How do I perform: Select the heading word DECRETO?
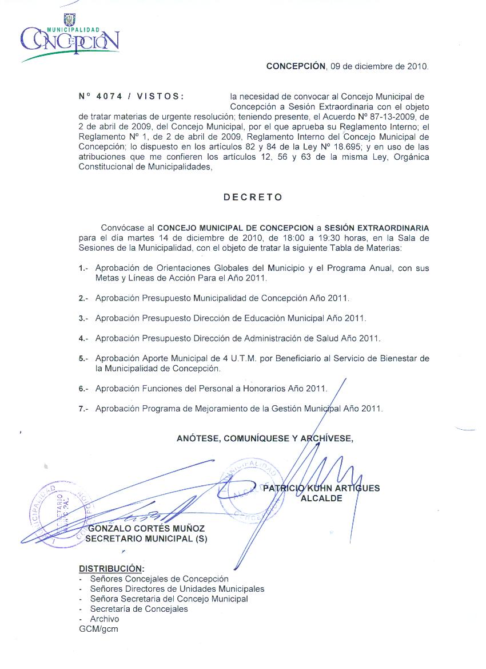(253, 197)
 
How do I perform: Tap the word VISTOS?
(161, 97)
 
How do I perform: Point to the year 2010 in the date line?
(417, 66)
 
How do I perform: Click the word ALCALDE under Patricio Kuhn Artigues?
(321, 498)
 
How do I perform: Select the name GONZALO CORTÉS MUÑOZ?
(147, 529)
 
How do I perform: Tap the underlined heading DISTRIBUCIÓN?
(111, 569)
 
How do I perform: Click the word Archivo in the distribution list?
(105, 619)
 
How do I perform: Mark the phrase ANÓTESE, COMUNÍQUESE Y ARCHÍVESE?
(265, 439)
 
